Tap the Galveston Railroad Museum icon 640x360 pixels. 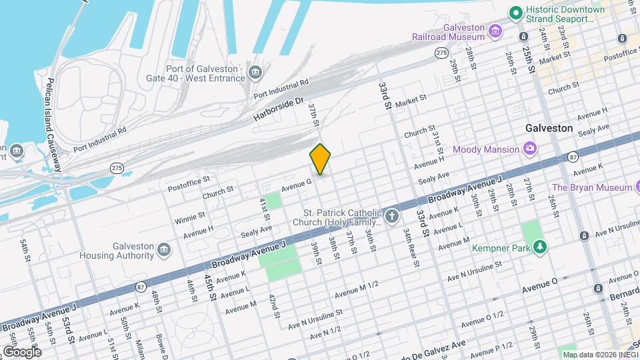click(495, 30)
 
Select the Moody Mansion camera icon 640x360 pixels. click(530, 148)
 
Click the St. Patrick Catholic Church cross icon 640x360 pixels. click(391, 216)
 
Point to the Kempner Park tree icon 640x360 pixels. click(540, 248)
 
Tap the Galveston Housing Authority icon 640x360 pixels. click(164, 250)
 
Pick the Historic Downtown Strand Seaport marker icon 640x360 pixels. click(515, 13)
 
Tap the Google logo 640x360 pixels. click(21, 351)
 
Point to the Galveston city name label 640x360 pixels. click(549, 127)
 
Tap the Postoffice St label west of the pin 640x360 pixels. click(189, 179)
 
